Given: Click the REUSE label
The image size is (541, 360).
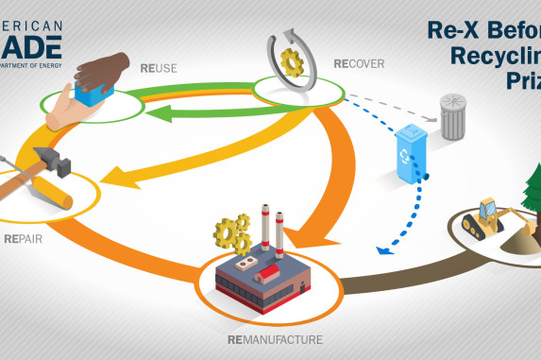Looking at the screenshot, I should pyautogui.click(x=160, y=67).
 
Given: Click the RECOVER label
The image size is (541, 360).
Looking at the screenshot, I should pyautogui.click(x=358, y=64).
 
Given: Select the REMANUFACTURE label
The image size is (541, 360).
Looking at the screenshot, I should pyautogui.click(x=275, y=338).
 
